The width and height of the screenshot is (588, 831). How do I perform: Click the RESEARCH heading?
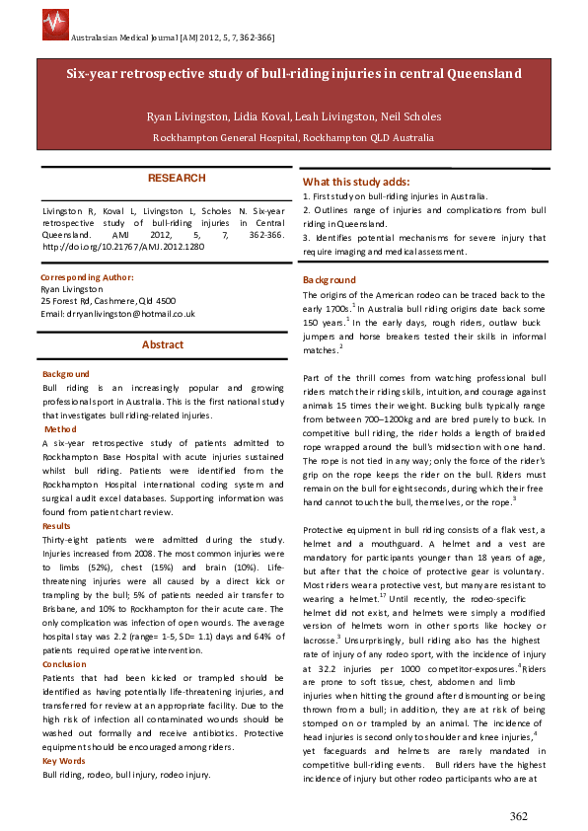(177, 179)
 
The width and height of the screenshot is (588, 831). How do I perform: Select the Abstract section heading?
(162, 344)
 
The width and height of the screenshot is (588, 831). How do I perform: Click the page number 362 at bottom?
(519, 815)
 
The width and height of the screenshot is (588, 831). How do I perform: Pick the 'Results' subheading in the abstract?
(57, 526)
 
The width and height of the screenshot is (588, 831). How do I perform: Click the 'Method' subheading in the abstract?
(60, 429)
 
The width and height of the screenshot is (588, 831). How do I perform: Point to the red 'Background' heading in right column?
(329, 280)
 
